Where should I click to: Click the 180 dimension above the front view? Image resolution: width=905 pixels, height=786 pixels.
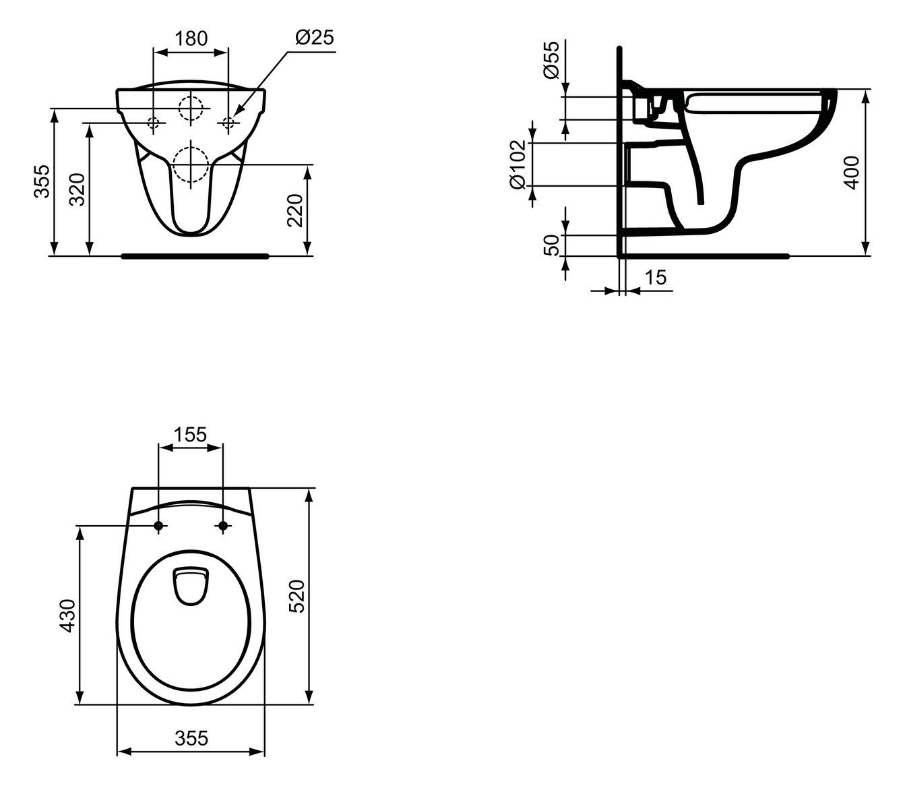pyautogui.click(x=191, y=38)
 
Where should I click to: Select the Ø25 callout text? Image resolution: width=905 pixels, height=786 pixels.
pyautogui.click(x=314, y=37)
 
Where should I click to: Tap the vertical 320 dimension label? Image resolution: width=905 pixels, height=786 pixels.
pyautogui.click(x=77, y=189)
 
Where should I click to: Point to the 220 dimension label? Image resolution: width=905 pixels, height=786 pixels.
pyautogui.click(x=295, y=211)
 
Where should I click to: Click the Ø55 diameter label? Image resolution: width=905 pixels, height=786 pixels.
pyautogui.click(x=551, y=60)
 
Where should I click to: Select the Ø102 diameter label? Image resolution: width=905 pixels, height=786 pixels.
pyautogui.click(x=518, y=164)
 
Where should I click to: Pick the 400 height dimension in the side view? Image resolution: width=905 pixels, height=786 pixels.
pyautogui.click(x=852, y=173)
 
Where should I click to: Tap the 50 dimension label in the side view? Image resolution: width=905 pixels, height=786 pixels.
pyautogui.click(x=551, y=245)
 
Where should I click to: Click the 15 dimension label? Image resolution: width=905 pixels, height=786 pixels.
pyautogui.click(x=655, y=277)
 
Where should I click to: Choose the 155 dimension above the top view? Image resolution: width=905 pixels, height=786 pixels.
pyautogui.click(x=190, y=435)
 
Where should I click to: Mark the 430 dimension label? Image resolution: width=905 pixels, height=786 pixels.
pyautogui.click(x=67, y=615)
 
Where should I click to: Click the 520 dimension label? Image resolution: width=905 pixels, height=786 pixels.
pyautogui.click(x=297, y=596)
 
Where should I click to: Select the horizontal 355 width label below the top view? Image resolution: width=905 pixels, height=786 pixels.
pyautogui.click(x=191, y=739)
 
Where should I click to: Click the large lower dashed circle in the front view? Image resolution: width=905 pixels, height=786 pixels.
pyautogui.click(x=191, y=164)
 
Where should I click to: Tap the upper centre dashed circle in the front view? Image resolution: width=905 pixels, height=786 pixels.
pyautogui.click(x=191, y=109)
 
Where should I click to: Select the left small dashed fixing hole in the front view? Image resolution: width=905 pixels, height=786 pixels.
pyautogui.click(x=154, y=123)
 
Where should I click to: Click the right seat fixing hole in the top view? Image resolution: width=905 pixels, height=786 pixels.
pyautogui.click(x=222, y=526)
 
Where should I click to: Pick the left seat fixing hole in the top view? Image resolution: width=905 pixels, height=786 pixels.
pyautogui.click(x=158, y=526)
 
